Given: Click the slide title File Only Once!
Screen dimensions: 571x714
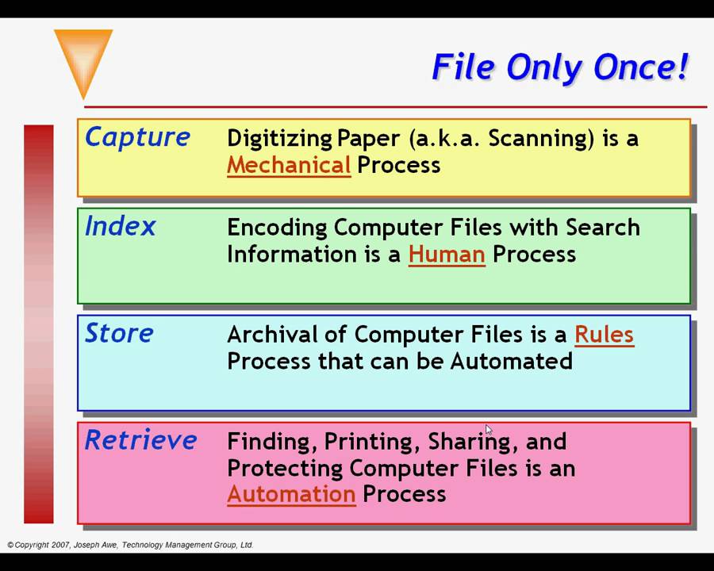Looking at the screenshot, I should pyautogui.click(x=560, y=67).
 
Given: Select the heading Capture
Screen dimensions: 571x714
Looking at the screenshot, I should pyautogui.click(x=137, y=137).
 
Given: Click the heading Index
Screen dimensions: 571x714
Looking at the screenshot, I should pyautogui.click(x=120, y=227).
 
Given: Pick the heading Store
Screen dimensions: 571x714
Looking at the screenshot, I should pyautogui.click(x=119, y=333).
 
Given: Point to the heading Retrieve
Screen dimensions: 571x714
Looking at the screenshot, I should pyautogui.click(x=140, y=440).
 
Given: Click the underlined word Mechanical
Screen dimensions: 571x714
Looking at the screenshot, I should pyautogui.click(x=289, y=165).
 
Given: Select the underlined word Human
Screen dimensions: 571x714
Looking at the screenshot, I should pyautogui.click(x=447, y=255).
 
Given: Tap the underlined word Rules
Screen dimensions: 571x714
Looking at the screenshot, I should pyautogui.click(x=604, y=335).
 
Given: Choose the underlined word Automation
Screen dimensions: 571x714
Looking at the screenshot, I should pyautogui.click(x=291, y=494).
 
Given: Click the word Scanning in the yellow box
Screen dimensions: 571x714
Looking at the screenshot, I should pyautogui.click(x=541, y=139).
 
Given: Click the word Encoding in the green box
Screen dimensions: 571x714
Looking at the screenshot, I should pyautogui.click(x=277, y=228).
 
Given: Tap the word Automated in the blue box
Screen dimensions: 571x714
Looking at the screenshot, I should pyautogui.click(x=511, y=362).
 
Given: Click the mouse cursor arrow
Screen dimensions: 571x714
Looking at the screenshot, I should pyautogui.click(x=488, y=430).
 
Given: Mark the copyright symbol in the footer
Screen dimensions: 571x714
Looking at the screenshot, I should pyautogui.click(x=10, y=545).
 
